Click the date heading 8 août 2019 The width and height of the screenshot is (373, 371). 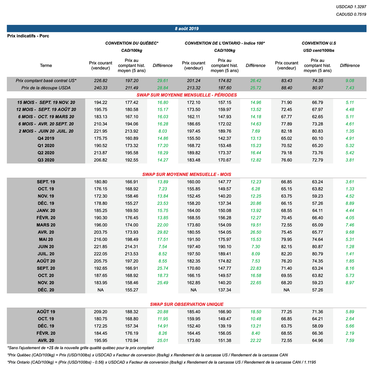[186, 28]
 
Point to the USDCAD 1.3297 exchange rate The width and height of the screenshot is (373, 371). [351, 7]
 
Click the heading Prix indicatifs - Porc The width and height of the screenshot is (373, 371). [28, 36]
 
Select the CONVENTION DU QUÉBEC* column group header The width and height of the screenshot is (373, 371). [132, 43]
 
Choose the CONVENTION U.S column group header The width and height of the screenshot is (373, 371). [319, 43]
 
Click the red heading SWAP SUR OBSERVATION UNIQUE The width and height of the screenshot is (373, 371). [186, 304]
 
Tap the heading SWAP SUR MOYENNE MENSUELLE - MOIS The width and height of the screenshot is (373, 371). [186, 174]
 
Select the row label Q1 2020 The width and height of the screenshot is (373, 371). [46, 146]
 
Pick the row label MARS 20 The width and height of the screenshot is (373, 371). [46, 225]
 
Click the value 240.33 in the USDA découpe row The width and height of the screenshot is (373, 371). [101, 88]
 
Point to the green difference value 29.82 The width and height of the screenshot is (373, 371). [162, 232]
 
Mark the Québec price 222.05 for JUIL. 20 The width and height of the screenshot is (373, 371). [101, 254]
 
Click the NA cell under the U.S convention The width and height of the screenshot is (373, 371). [287, 290]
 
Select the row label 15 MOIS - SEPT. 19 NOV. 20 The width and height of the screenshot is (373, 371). [46, 102]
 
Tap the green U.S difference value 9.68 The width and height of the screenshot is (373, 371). [350, 232]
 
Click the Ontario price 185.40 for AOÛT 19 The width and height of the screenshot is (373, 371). [193, 312]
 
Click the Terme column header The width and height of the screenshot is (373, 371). [46, 66]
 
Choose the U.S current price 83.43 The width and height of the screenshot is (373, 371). [287, 80]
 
